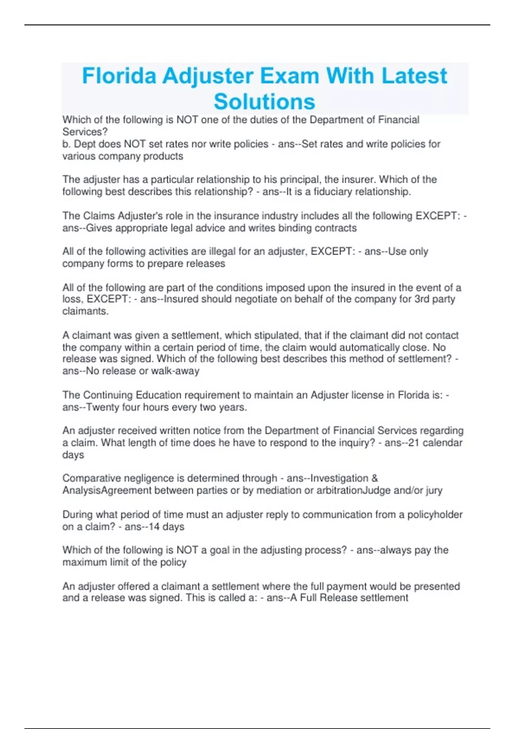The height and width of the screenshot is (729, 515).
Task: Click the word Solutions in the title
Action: pyautogui.click(x=264, y=102)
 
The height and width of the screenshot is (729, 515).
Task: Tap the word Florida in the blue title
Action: pyautogui.click(x=119, y=76)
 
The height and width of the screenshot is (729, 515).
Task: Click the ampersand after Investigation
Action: pyautogui.click(x=374, y=478)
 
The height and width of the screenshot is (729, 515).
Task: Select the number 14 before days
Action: pyautogui.click(x=154, y=527)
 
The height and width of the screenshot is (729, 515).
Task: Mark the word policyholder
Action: pyautogui.click(x=435, y=515)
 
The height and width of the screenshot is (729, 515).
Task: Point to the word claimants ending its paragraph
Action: pyautogui.click(x=85, y=311)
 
